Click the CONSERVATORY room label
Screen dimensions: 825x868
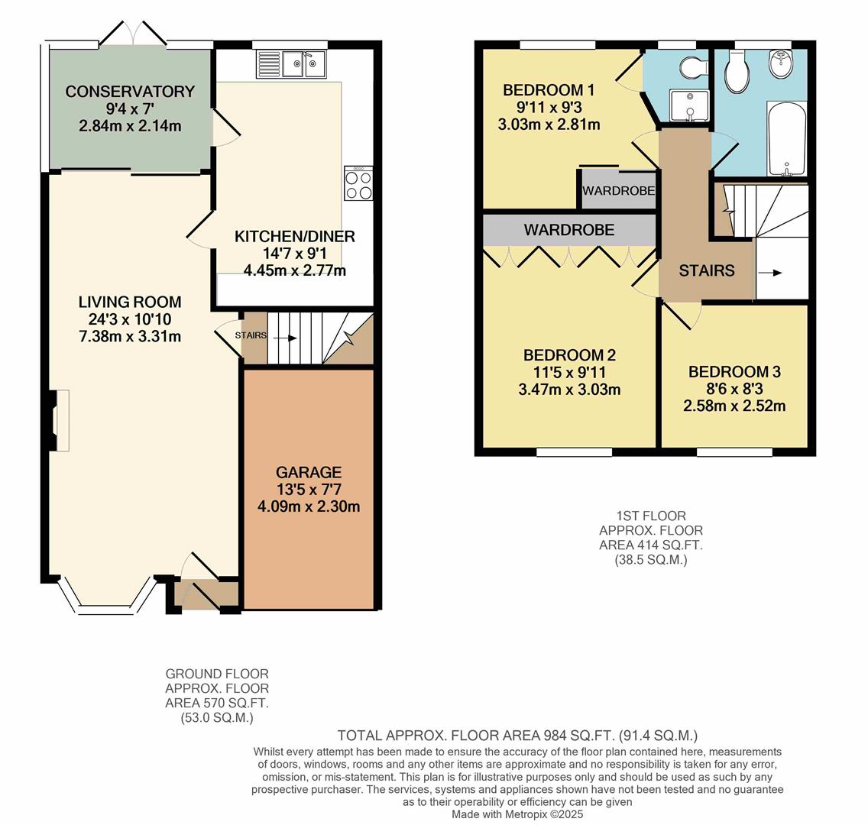[x=130, y=92]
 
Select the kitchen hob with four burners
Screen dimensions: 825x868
[x=358, y=183]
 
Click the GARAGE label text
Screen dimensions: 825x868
[x=309, y=472]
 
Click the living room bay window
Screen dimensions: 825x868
[x=107, y=600]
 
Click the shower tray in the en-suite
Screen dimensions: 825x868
[x=690, y=105]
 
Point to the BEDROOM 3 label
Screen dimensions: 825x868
[x=734, y=372]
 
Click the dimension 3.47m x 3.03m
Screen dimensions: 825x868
[x=569, y=390]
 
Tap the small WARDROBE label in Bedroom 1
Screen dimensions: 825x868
[x=619, y=191]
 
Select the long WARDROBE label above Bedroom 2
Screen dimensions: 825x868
[x=569, y=229]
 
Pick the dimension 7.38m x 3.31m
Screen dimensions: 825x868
[x=130, y=336]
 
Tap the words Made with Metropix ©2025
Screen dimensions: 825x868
[x=517, y=814]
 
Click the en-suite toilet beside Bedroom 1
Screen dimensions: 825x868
[x=694, y=67]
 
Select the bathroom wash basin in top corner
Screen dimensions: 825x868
[x=779, y=64]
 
